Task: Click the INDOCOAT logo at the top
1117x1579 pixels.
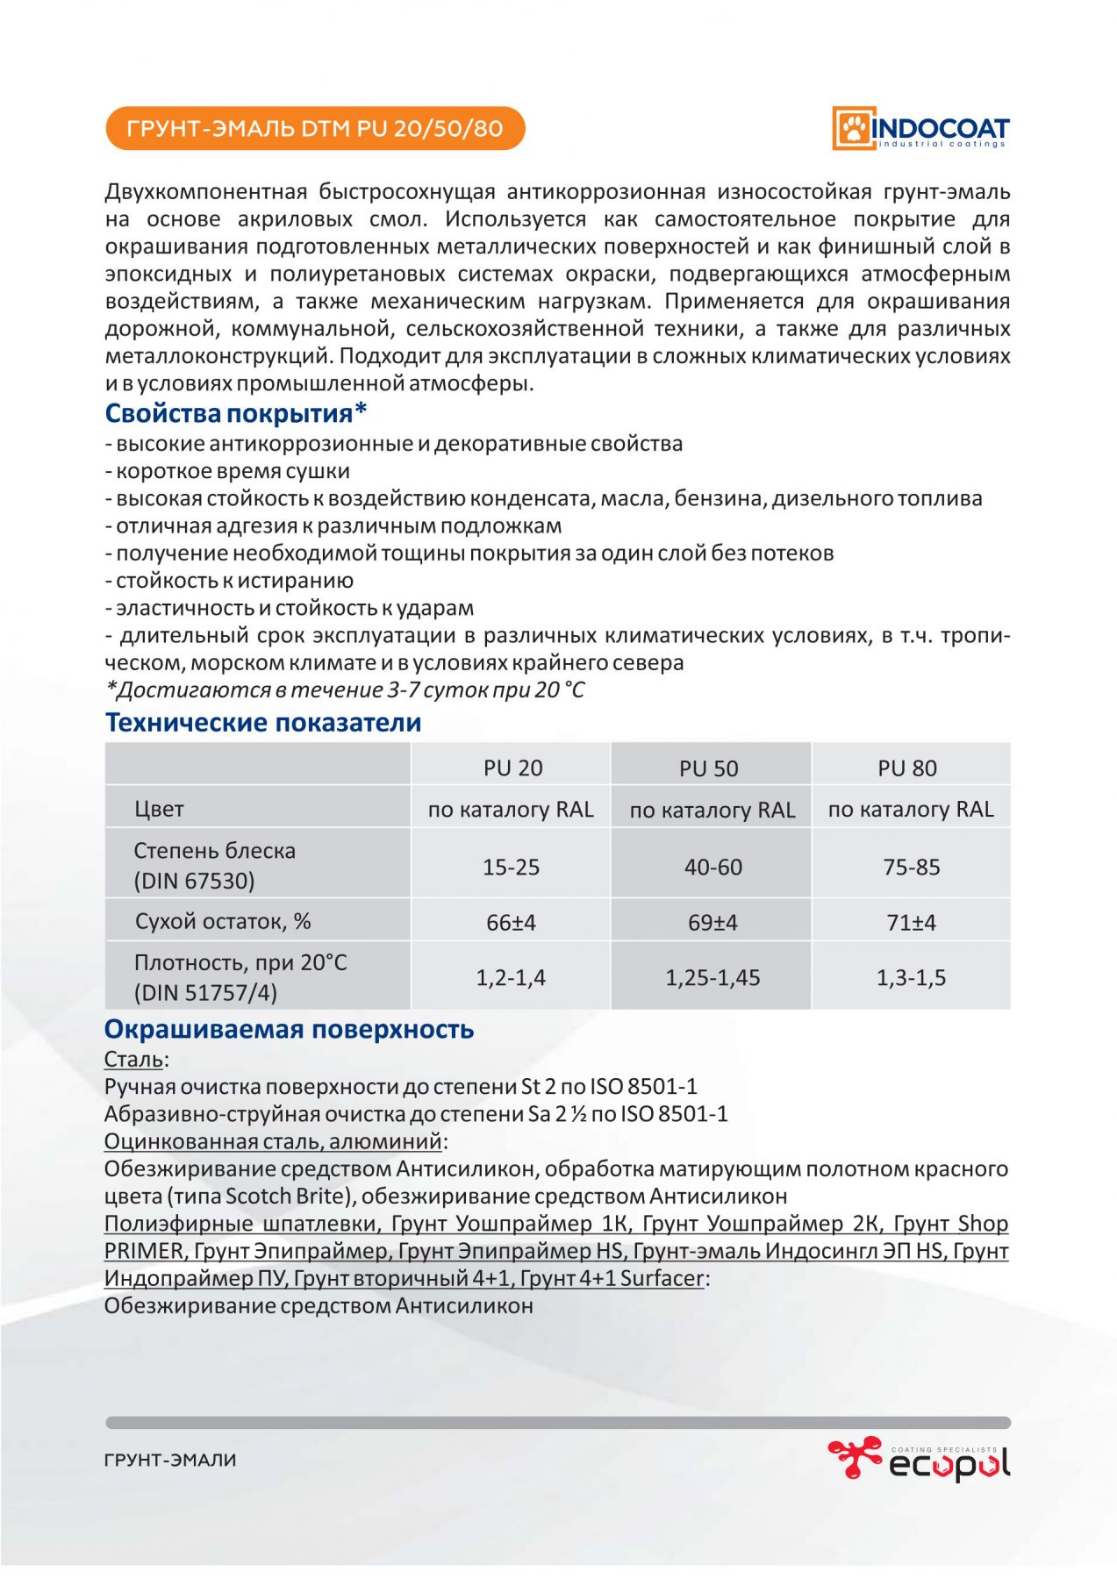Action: point(920,129)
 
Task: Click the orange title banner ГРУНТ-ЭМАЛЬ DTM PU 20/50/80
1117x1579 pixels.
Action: point(315,129)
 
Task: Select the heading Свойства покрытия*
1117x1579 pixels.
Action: point(236,413)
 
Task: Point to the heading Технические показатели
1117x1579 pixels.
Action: point(263,723)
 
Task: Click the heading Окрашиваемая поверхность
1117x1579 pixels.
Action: point(289,1029)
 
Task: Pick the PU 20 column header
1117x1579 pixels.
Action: point(512,768)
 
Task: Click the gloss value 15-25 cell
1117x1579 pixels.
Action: point(511,867)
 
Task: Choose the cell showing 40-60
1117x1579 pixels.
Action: point(712,867)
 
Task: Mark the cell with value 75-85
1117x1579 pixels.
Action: point(911,867)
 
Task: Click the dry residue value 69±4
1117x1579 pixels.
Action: point(712,923)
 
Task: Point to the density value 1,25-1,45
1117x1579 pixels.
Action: point(712,977)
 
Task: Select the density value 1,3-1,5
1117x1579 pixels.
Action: point(911,977)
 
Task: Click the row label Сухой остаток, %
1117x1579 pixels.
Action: point(223,921)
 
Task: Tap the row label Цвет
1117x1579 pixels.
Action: point(159,809)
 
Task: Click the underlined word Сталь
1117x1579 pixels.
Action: point(133,1060)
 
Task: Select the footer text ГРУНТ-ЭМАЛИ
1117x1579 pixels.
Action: point(170,1461)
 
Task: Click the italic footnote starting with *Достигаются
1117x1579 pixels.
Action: point(345,690)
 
